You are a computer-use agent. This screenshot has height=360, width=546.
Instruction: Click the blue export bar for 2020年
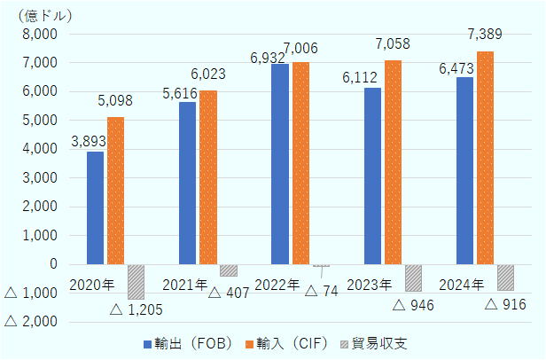click(x=95, y=207)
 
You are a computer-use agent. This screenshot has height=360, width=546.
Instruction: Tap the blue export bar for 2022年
click(x=280, y=164)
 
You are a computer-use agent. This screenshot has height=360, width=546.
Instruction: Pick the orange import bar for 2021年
click(x=208, y=177)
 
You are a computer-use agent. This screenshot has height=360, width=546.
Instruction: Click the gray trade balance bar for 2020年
click(x=136, y=281)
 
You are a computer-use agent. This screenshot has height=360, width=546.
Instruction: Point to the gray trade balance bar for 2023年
click(x=413, y=278)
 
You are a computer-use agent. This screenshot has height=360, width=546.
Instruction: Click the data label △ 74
click(x=322, y=291)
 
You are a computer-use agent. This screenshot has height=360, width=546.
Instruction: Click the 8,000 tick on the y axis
click(x=39, y=34)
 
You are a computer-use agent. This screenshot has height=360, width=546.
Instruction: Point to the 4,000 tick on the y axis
click(x=39, y=149)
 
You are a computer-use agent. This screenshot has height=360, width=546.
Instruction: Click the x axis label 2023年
click(x=370, y=285)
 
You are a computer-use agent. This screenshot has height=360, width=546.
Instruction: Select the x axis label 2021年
click(x=184, y=285)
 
